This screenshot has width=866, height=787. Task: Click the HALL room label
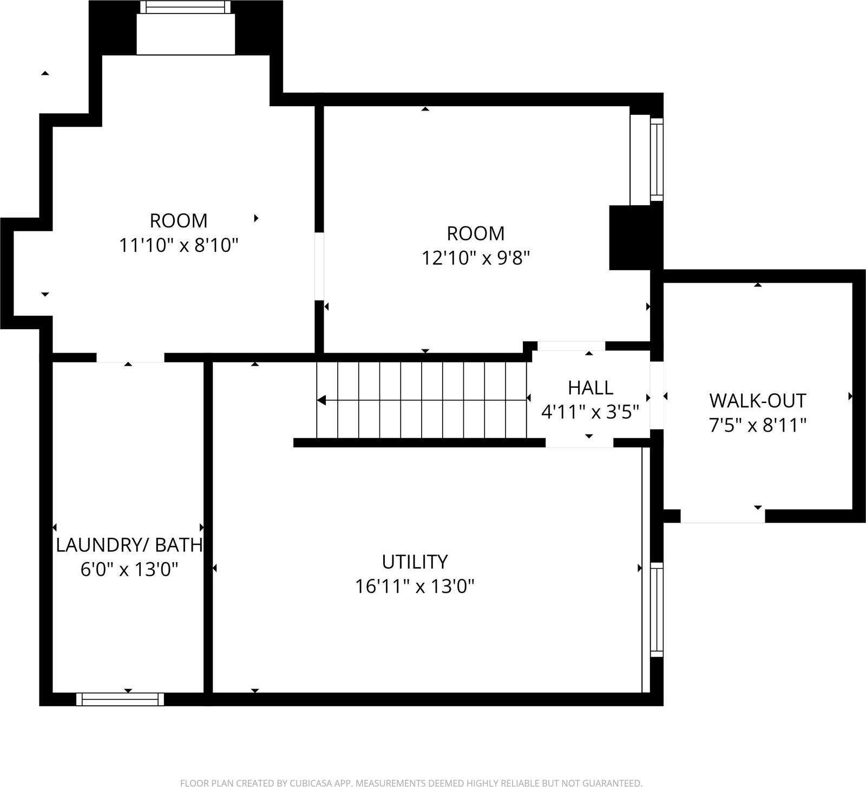click(x=591, y=388)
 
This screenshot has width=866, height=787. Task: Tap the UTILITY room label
click(x=415, y=562)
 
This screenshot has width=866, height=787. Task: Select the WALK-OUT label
click(x=757, y=401)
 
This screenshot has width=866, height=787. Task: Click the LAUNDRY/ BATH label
click(x=129, y=545)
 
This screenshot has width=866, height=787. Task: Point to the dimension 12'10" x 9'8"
click(x=475, y=258)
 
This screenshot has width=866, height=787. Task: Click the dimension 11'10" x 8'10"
click(x=179, y=245)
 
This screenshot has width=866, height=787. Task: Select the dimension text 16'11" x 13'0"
click(x=415, y=586)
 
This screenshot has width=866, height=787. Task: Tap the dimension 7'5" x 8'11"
click(x=757, y=426)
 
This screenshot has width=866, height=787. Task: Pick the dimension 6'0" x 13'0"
click(x=129, y=570)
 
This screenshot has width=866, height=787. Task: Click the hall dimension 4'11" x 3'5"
click(x=591, y=413)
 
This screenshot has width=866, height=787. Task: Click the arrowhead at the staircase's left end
click(x=322, y=400)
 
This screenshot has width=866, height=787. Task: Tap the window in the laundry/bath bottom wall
click(x=120, y=699)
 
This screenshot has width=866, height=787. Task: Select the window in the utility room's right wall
click(x=657, y=609)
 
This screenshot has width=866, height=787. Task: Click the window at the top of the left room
click(x=185, y=7)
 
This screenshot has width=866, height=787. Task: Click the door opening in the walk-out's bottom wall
click(x=722, y=516)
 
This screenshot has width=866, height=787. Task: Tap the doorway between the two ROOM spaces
click(x=319, y=266)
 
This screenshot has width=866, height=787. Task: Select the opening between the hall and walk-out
click(x=657, y=395)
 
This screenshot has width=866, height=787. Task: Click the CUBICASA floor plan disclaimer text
click(x=411, y=782)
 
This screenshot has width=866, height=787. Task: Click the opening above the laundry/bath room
click(x=130, y=357)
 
